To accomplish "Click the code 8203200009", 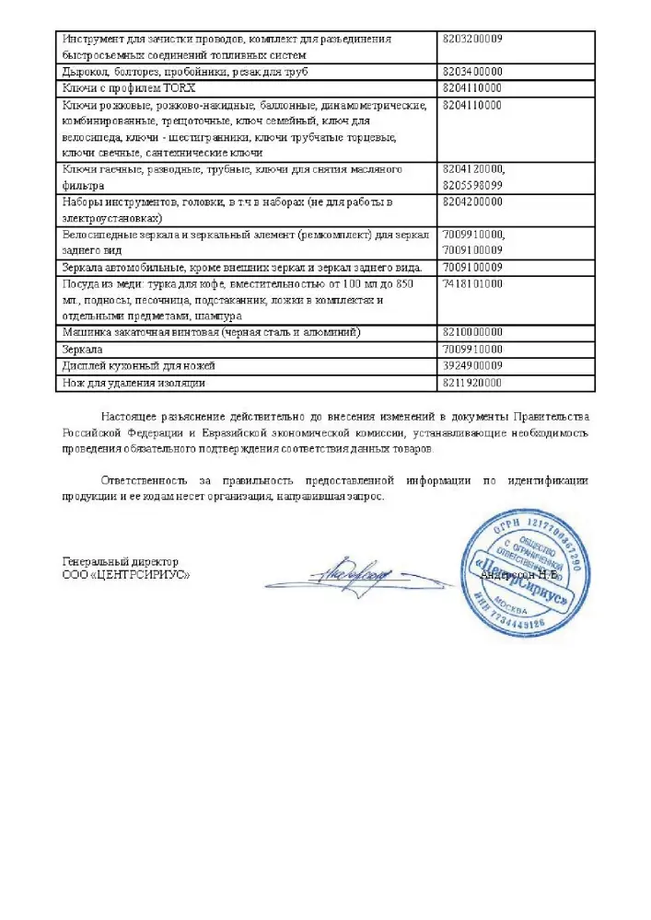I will (472, 40).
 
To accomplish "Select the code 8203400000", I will (472, 71).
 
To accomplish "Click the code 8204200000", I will (472, 201).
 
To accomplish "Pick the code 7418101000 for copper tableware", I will (472, 284).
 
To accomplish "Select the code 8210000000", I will (472, 332).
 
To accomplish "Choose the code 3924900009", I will (472, 366).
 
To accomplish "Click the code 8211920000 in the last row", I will (472, 383).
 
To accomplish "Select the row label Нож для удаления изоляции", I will (134, 383).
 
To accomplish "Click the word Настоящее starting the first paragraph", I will (133, 417).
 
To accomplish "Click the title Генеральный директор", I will (120, 561).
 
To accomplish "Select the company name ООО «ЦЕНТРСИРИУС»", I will (126, 574).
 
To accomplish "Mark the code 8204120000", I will (474, 169).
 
